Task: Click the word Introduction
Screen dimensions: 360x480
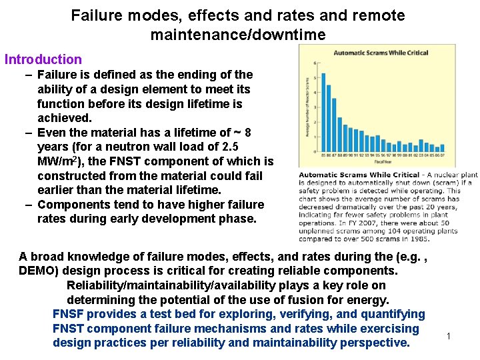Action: [x=43, y=59]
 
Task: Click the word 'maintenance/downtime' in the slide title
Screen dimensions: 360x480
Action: [x=238, y=34]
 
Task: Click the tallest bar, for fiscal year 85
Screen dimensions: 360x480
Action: [x=323, y=113]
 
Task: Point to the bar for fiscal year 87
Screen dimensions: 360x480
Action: [x=334, y=127]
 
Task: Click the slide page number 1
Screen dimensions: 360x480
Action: [x=449, y=335]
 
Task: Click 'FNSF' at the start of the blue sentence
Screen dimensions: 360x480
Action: [x=68, y=314]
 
